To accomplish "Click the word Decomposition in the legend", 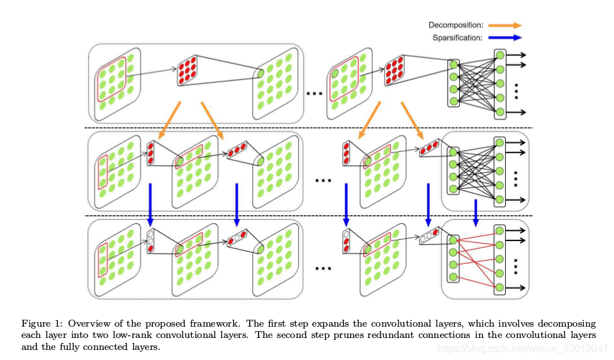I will click(455, 25).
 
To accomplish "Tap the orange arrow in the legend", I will click(505, 25).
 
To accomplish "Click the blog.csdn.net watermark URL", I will click(522, 348).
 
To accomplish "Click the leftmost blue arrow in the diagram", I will click(150, 205).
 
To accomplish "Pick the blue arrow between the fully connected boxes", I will click(476, 213).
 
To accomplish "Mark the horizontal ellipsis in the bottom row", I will click(323, 267).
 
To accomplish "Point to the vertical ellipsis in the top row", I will click(515, 91).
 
